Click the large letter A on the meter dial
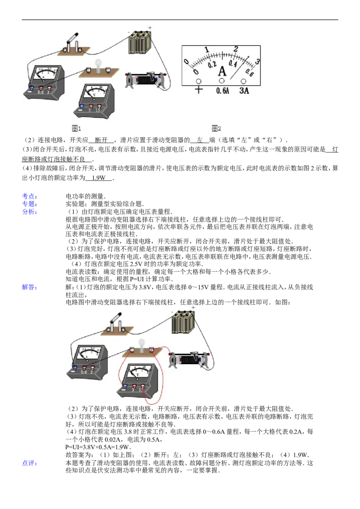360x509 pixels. (222, 71)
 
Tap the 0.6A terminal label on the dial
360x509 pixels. (222, 90)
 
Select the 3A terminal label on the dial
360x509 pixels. (243, 90)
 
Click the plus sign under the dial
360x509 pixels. (198, 90)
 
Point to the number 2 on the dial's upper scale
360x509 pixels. (235, 49)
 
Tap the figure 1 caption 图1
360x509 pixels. (76, 129)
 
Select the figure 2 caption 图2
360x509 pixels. (216, 129)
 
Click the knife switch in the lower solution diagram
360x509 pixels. (115, 323)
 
